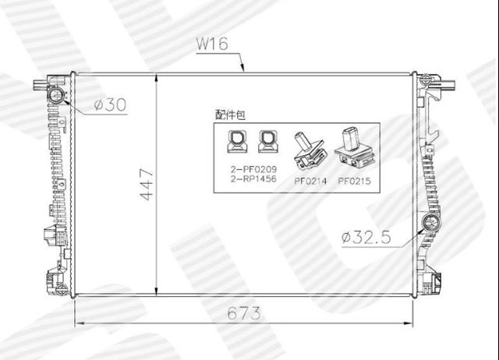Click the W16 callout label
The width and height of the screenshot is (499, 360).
212,44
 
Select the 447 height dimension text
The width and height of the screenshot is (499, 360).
147,185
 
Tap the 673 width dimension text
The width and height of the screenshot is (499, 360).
244,313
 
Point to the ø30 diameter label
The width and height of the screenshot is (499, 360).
111,104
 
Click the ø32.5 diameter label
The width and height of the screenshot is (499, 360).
366,237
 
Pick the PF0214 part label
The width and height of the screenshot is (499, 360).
310,181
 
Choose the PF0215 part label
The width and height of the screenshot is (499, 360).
354,181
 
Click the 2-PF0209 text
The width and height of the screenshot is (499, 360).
253,169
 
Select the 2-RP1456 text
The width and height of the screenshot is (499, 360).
253,178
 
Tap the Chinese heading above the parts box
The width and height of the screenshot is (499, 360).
231,115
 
